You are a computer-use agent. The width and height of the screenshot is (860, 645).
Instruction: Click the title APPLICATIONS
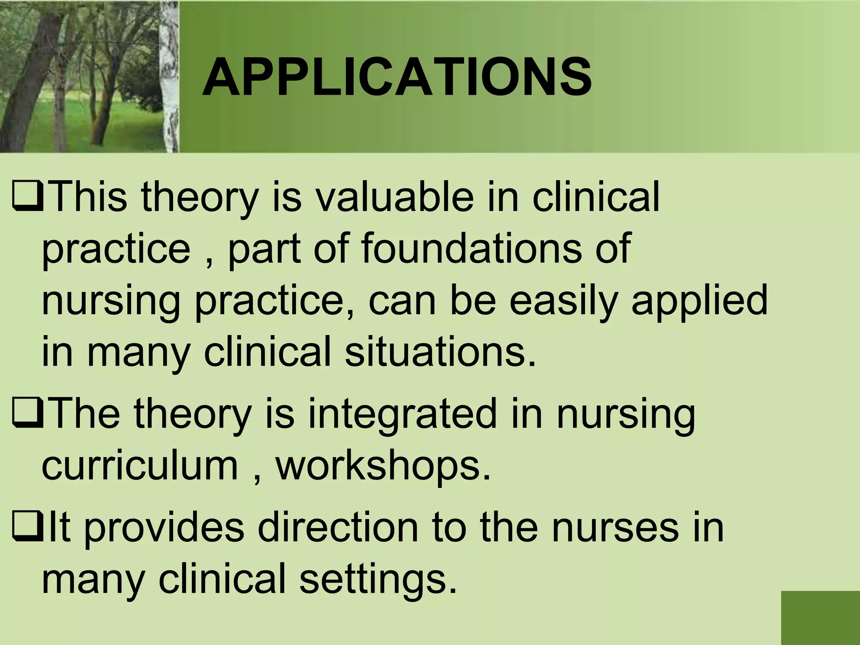(x=396, y=78)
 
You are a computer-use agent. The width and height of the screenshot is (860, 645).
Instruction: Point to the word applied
(x=699, y=300)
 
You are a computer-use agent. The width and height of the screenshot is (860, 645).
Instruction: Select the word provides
(x=164, y=528)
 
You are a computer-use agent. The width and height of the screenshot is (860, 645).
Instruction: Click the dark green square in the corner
(x=820, y=617)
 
